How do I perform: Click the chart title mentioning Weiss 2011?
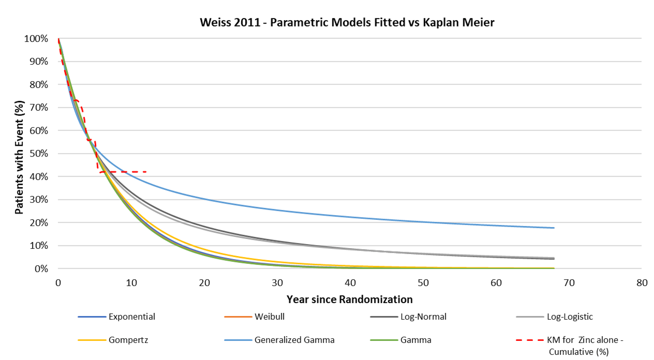point(347,22)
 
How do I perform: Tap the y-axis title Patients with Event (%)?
point(19,157)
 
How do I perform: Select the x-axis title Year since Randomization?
point(350,299)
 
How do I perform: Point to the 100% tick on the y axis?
point(36,38)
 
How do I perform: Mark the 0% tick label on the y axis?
point(41,269)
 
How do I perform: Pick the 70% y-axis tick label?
point(38,107)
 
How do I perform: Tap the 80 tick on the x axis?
point(642,283)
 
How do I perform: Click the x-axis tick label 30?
point(277,283)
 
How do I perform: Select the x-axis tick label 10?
point(131,283)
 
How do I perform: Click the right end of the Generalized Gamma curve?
point(554,228)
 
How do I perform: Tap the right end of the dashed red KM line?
point(147,172)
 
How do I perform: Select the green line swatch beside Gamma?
point(384,340)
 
